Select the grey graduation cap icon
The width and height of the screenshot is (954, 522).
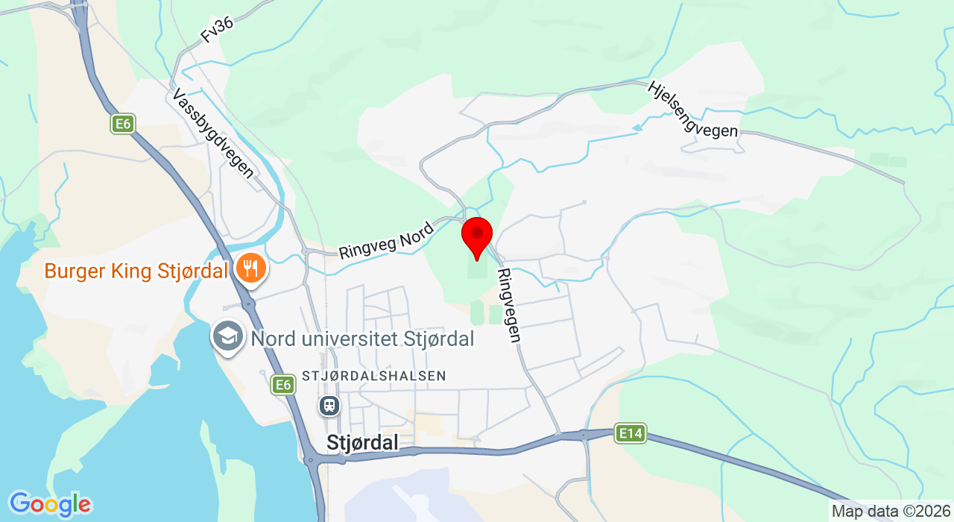click(228, 337)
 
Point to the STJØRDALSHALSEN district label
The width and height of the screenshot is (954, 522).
click(374, 376)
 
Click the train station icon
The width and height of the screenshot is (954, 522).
click(329, 406)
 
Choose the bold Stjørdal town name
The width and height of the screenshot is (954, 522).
click(362, 443)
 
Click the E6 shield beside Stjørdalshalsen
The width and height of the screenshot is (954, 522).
click(282, 385)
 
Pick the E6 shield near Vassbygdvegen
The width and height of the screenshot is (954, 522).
click(123, 124)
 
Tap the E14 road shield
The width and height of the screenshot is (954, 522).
click(630, 433)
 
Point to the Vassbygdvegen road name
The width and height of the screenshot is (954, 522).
click(213, 133)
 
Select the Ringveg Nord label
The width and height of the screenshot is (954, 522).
click(386, 241)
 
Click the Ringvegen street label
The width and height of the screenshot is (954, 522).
click(509, 306)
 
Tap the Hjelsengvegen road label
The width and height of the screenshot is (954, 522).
click(692, 110)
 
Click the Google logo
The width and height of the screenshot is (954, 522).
click(50, 505)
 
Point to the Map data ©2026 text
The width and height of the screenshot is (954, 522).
click(891, 512)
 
